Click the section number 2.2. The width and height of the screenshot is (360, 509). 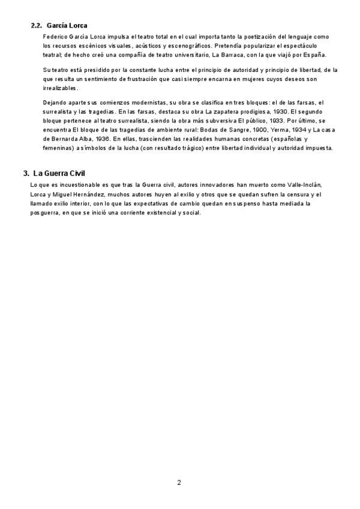(x=36, y=26)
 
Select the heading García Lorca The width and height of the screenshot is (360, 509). (x=67, y=26)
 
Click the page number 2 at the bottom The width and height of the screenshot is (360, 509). (x=179, y=482)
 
